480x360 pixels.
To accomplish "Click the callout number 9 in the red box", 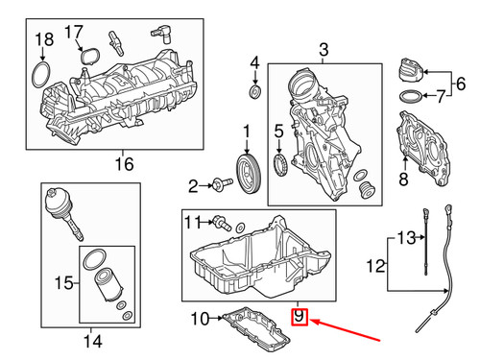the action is click(299, 317).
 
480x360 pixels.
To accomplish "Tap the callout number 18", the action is click(44, 39).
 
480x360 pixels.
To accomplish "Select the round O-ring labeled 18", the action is click(41, 75).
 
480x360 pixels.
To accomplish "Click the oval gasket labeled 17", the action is click(90, 58).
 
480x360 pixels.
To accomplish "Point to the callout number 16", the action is click(125, 164).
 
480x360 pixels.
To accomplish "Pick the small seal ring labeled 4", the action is click(255, 92).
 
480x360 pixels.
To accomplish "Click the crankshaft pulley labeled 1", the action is click(249, 174).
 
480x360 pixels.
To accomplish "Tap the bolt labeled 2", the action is click(222, 185).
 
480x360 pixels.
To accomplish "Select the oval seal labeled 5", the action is click(280, 165).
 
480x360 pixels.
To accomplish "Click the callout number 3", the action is click(324, 50).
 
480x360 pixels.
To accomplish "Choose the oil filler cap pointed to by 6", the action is click(411, 71).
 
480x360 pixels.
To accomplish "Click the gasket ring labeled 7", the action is click(411, 96).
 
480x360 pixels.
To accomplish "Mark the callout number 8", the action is click(403, 179).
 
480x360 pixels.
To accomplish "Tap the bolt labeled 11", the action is click(222, 223).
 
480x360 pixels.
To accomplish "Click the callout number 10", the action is click(200, 319).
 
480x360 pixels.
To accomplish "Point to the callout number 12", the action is click(375, 266).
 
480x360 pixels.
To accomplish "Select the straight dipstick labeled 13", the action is click(426, 242).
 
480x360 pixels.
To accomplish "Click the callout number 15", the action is click(64, 283).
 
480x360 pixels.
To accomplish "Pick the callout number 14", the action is click(93, 341).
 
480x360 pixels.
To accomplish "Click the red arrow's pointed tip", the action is click(310, 321).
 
